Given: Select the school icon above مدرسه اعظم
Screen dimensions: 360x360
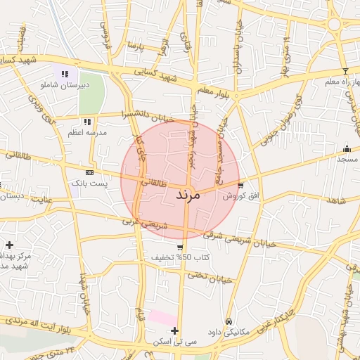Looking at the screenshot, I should tap(87, 122).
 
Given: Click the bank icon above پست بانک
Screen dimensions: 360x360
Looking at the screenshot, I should tap(89, 172).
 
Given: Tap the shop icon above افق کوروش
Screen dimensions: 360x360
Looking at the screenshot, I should tap(241, 186).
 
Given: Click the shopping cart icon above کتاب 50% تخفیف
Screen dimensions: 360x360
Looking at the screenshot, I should tap(181, 247).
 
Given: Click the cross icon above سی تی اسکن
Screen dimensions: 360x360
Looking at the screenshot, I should tap(174, 330).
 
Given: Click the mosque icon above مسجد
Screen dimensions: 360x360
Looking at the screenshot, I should tap(346, 148).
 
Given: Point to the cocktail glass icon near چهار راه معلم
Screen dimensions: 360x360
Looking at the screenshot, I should tap(345, 71).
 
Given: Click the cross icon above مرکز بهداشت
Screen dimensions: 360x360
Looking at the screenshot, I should tap(9, 245).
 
